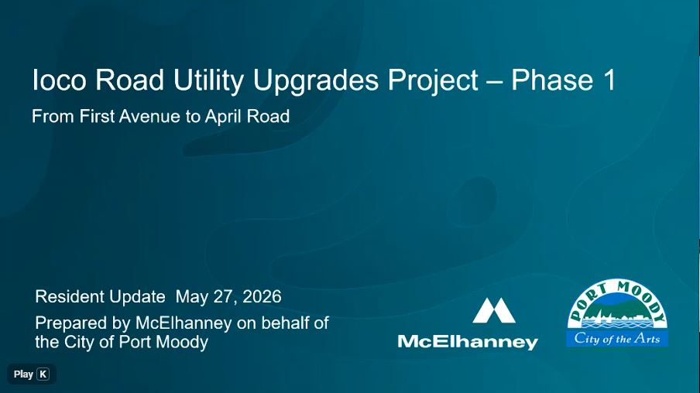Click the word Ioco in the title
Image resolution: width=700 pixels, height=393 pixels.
click(59, 80)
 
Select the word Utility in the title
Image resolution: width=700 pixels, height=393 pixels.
click(208, 82)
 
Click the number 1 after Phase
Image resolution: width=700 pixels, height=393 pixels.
click(609, 80)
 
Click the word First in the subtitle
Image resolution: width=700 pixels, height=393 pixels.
click(97, 116)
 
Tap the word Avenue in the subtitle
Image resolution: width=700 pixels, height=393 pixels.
click(149, 116)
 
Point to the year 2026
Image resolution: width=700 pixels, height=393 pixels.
click(262, 296)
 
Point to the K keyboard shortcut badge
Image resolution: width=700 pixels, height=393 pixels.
click(43, 374)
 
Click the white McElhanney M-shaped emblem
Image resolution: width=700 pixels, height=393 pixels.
click(494, 310)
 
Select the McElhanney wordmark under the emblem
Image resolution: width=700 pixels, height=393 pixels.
click(468, 342)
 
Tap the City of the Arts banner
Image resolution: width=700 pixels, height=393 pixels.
click(617, 339)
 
